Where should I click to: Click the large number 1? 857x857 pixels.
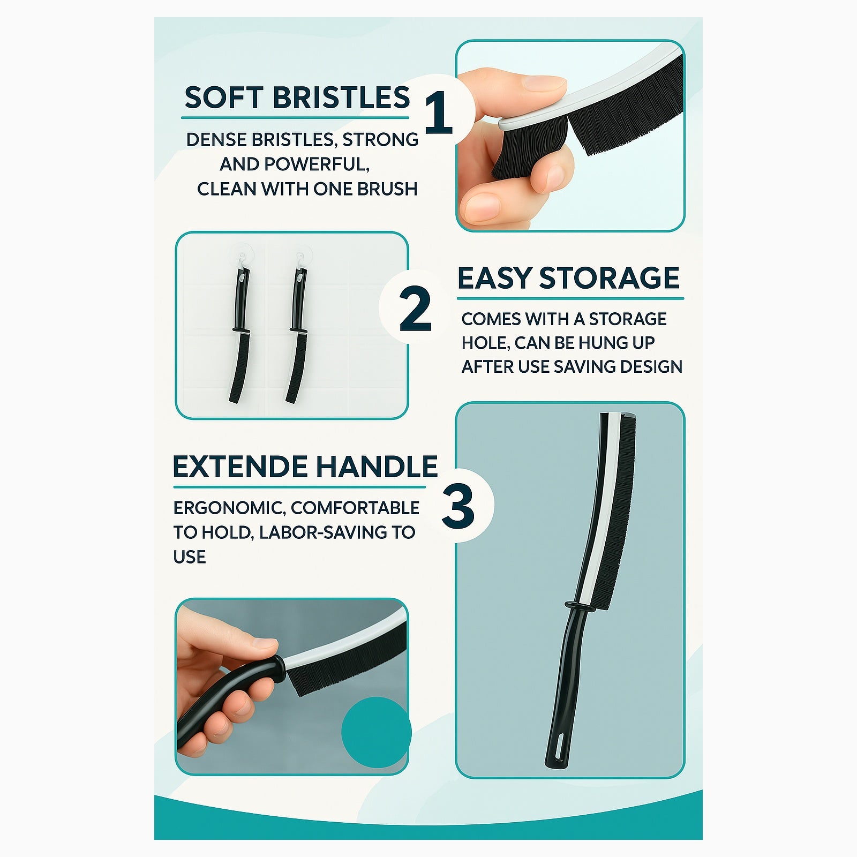(439, 112)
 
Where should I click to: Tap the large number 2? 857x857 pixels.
(415, 309)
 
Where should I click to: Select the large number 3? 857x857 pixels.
(458, 506)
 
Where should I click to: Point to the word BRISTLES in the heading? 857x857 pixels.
(341, 97)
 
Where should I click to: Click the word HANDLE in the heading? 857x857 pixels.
(377, 467)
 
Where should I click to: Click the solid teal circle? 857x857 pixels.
(376, 732)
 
